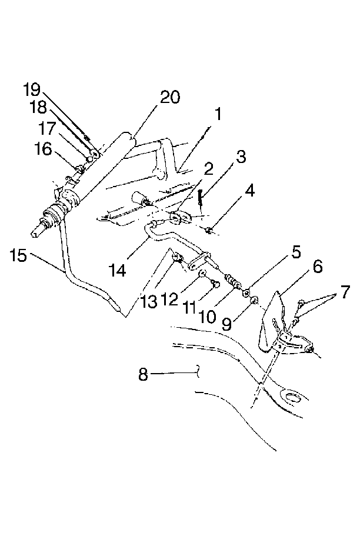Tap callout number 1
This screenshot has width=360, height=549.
point(218,114)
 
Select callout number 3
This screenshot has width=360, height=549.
point(241,157)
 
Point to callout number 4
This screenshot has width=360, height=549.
point(250,191)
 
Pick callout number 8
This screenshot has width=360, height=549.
point(143,374)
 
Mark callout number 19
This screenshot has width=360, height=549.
point(32,89)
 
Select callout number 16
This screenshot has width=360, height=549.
point(44,149)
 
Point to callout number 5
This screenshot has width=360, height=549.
point(296,252)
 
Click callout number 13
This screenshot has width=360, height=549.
point(149,302)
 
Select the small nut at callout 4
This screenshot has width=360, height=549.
point(208,230)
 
